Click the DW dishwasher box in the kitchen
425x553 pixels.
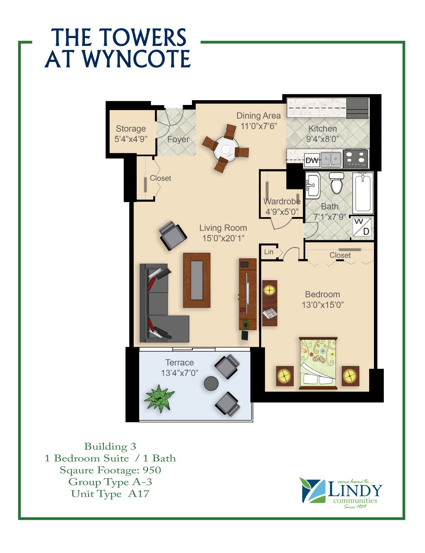(x=312, y=160)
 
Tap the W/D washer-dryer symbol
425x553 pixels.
(x=362, y=227)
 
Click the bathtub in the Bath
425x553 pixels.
(x=363, y=193)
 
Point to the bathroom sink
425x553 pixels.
(x=313, y=185)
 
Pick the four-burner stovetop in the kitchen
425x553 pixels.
(x=355, y=158)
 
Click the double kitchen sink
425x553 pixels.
(x=331, y=160)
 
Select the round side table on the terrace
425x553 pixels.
(x=211, y=383)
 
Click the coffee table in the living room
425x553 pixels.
(x=197, y=280)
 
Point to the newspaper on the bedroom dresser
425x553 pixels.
(x=269, y=313)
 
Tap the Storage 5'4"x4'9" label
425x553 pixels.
(x=131, y=134)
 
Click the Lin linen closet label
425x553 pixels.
(x=268, y=252)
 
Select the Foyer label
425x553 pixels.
(x=178, y=140)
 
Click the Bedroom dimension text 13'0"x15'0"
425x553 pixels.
(x=323, y=305)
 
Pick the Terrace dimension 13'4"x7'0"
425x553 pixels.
(x=180, y=373)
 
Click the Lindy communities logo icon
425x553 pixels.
(x=312, y=491)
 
